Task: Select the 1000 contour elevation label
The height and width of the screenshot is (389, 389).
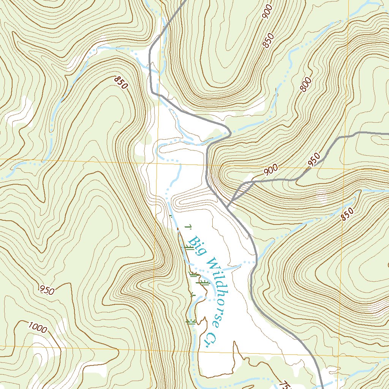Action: click(x=38, y=327)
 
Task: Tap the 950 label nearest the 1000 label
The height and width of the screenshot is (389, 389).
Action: click(x=47, y=290)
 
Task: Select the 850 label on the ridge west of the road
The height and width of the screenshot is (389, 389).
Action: click(x=120, y=82)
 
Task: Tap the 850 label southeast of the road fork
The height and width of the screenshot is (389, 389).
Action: click(x=347, y=214)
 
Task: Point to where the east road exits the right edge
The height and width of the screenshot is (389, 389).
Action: click(x=387, y=134)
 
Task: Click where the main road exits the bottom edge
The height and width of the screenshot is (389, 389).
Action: click(x=321, y=387)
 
